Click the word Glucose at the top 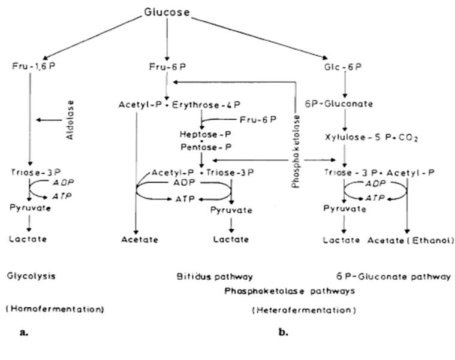pyautogui.click(x=167, y=11)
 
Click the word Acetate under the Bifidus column pyautogui.click(x=139, y=240)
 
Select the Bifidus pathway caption pyautogui.click(x=215, y=277)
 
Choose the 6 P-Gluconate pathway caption pyautogui.click(x=394, y=276)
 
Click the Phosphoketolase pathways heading pyautogui.click(x=290, y=291)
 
